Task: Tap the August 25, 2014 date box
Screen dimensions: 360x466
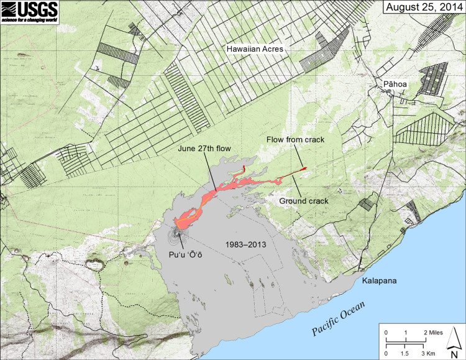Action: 423,7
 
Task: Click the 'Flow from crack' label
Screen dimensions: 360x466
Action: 296,140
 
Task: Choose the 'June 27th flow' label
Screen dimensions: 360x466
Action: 203,149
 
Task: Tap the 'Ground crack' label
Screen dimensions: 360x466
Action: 304,201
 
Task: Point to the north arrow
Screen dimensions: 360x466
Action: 454,340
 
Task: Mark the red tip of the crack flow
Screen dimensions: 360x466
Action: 303,168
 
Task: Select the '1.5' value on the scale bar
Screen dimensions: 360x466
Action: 406,353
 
